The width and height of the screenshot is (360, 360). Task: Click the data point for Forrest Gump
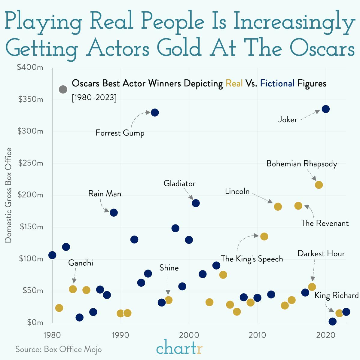click(155, 112)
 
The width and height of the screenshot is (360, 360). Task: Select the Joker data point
click(325, 109)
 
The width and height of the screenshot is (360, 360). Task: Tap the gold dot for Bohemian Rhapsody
click(319, 185)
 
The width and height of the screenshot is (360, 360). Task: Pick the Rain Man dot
click(114, 213)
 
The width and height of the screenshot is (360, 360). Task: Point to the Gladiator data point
click(196, 203)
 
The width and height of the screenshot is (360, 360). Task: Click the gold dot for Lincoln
click(278, 207)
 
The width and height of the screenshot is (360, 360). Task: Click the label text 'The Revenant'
click(325, 223)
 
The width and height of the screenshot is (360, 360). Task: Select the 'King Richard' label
click(336, 296)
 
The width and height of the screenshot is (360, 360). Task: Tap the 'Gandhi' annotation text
click(81, 263)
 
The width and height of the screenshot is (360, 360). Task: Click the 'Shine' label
click(169, 268)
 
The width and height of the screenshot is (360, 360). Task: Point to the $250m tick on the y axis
click(31, 163)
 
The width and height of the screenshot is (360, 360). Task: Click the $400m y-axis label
click(30, 68)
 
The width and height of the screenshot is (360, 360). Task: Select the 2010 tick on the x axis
click(257, 334)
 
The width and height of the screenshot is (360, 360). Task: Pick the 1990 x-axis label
click(121, 334)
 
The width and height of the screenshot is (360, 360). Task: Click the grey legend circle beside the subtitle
click(63, 89)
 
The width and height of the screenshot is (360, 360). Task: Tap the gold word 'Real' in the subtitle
click(234, 83)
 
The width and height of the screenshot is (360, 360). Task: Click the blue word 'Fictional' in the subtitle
click(277, 83)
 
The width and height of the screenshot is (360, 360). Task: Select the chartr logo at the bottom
click(179, 348)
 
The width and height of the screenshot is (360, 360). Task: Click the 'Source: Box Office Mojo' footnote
click(59, 349)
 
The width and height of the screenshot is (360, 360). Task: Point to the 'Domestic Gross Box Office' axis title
click(8, 195)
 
